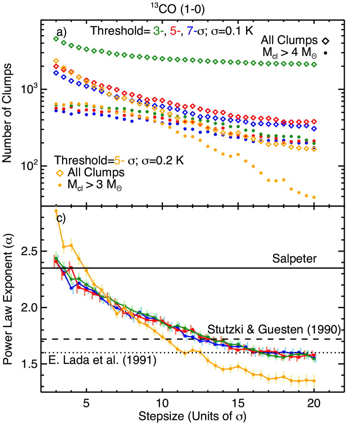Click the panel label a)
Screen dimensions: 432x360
(x=62, y=31)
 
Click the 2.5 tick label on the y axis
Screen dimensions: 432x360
(x=30, y=251)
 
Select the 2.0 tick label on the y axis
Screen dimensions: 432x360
(x=30, y=308)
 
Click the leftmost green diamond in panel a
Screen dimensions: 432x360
(x=56, y=39)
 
